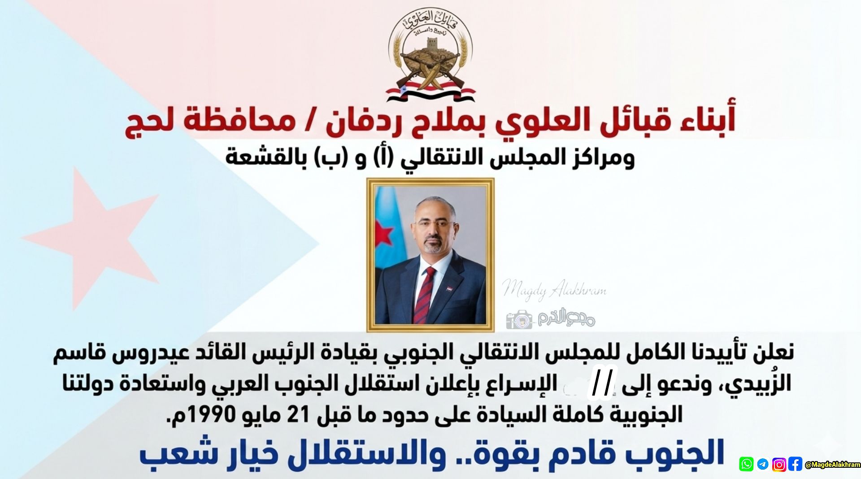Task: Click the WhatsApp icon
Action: click(x=746, y=464)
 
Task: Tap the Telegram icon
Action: click(x=763, y=464)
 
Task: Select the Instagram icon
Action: click(x=779, y=464)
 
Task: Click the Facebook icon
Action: click(x=795, y=464)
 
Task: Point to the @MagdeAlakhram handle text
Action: click(x=832, y=465)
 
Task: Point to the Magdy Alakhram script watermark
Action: click(x=554, y=291)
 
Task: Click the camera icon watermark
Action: click(x=519, y=319)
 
